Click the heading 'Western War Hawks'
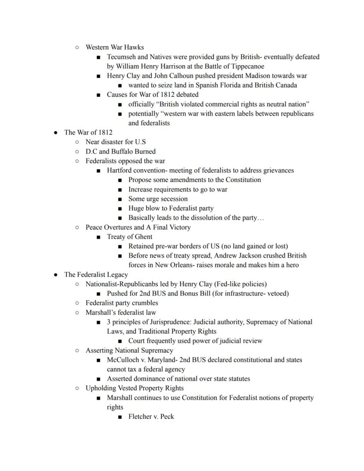click(114, 47)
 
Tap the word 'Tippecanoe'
click(246, 66)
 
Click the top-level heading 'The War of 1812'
click(88, 132)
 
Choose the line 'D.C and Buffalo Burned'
click(120, 151)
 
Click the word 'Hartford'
click(120, 170)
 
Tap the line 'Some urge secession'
click(158, 199)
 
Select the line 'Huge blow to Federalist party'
click(171, 208)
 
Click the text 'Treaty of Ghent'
click(130, 237)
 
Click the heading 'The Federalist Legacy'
click(96, 274)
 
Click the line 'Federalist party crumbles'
click(122, 303)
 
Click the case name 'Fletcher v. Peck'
click(151, 416)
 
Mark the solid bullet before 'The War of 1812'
click(56, 132)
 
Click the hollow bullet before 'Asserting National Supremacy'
click(77, 351)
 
